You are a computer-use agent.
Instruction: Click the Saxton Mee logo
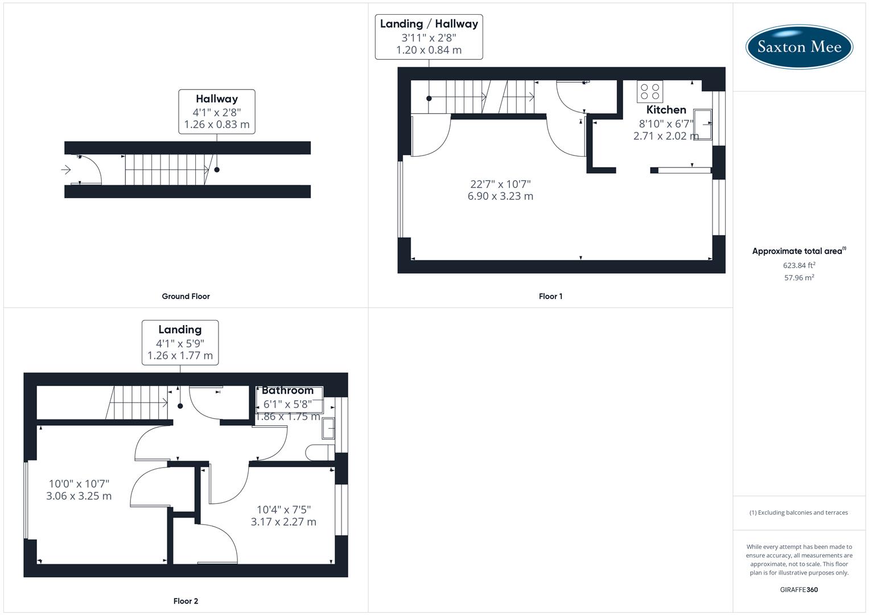pos(799,47)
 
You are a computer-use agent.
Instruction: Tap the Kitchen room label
pos(666,110)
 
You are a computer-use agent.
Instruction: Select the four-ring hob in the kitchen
pos(650,92)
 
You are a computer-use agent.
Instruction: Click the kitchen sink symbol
pos(702,124)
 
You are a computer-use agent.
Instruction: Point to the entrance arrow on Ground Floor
pos(66,170)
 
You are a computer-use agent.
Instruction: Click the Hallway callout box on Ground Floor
pos(216,112)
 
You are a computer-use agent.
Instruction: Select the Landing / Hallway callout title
pos(429,24)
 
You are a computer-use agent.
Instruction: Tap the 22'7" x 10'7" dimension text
pos(500,184)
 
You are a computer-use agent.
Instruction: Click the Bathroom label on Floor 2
pos(287,391)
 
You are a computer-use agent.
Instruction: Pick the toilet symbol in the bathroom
pos(319,453)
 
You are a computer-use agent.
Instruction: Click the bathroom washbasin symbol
pos(328,428)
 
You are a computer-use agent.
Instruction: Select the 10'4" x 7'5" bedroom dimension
pos(283,510)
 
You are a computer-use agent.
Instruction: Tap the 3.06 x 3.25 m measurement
pos(79,496)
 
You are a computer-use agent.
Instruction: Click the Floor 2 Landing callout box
pos(180,342)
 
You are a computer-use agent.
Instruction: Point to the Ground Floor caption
pos(186,296)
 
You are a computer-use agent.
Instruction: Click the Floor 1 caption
pos(550,296)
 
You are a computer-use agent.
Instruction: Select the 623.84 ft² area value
pos(799,265)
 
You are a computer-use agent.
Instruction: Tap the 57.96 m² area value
pos(799,278)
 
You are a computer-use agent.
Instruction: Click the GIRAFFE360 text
pos(799,589)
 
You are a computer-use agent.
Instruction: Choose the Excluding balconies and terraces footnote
pos(799,512)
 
